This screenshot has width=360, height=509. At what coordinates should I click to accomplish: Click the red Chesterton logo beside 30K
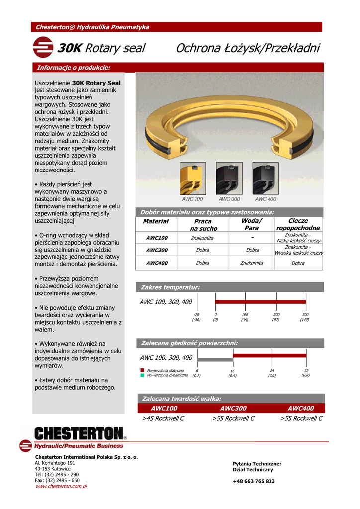(x=43, y=48)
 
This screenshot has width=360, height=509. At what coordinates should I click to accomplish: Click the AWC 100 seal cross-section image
(x=192, y=178)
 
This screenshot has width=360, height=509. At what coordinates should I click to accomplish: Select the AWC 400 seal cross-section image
(x=266, y=178)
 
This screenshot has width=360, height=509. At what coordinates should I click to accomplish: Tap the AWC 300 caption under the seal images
(x=229, y=199)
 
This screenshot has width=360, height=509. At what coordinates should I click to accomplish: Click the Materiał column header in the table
(x=156, y=221)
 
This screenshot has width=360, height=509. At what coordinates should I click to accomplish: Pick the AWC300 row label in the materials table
(x=157, y=250)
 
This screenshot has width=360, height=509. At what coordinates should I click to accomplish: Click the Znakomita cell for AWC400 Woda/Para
(x=252, y=263)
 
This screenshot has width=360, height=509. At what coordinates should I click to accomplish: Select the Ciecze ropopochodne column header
(x=298, y=224)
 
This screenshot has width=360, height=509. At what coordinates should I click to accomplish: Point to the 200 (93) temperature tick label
(x=276, y=317)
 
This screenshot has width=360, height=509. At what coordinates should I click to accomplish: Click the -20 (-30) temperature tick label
(x=196, y=317)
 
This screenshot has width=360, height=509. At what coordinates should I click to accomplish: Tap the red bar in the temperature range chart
(x=261, y=302)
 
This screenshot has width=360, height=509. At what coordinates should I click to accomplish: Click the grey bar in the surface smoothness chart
(x=215, y=359)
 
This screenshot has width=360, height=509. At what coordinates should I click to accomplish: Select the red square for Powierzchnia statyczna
(x=142, y=370)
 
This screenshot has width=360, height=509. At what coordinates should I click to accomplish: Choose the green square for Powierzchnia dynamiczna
(x=142, y=376)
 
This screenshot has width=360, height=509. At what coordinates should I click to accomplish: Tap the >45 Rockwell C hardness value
(x=163, y=418)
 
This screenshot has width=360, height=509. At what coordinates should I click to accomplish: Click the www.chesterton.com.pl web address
(x=61, y=486)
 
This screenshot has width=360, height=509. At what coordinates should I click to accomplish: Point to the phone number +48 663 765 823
(x=254, y=481)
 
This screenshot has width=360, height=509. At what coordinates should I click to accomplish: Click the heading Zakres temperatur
(x=171, y=287)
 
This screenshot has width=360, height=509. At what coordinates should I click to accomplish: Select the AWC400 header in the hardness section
(x=301, y=408)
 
